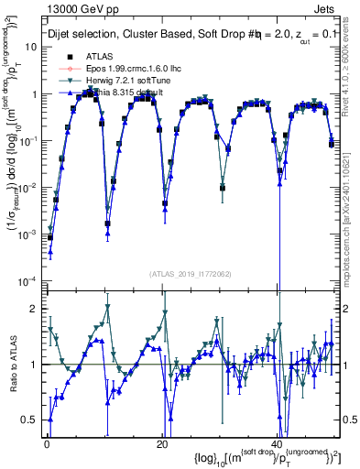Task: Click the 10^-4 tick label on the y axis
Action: pos(27,280)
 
